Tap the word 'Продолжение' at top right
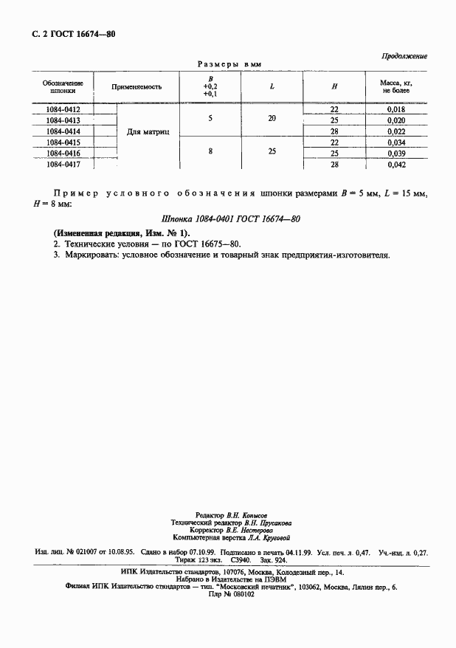coord(404,56)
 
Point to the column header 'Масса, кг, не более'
coord(395,87)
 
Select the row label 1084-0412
coord(63,109)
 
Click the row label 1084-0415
coord(63,142)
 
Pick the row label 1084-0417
coord(63,165)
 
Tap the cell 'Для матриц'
coord(148,132)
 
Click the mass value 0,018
coord(396,109)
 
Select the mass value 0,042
coord(396,165)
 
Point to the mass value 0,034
coord(396,142)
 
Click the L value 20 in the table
coord(272,119)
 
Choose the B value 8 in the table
coord(210,151)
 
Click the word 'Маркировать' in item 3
coord(85,255)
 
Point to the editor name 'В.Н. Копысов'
coord(247,514)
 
